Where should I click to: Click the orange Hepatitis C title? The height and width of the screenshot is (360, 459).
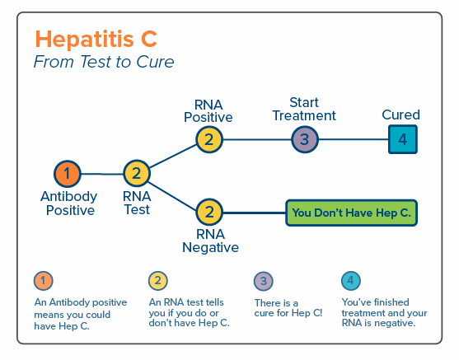pyautogui.click(x=96, y=39)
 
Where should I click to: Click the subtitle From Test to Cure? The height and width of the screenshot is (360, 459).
pyautogui.click(x=104, y=62)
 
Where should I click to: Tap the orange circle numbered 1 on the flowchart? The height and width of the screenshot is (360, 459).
pyautogui.click(x=68, y=174)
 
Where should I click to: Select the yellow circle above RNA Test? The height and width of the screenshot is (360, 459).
pyautogui.click(x=137, y=174)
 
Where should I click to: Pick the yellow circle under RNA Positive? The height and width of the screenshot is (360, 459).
pyautogui.click(x=209, y=139)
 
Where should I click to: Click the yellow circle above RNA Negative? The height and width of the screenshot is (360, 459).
pyautogui.click(x=209, y=213)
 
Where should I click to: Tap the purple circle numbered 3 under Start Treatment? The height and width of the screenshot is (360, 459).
pyautogui.click(x=305, y=139)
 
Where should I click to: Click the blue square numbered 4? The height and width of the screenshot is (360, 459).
pyautogui.click(x=403, y=139)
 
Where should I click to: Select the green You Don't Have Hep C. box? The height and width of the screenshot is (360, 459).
pyautogui.click(x=351, y=213)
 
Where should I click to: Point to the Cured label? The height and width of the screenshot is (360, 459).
pyautogui.click(x=400, y=115)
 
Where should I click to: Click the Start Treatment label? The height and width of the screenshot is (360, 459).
pyautogui.click(x=304, y=110)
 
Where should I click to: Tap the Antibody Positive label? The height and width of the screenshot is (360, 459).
pyautogui.click(x=69, y=203)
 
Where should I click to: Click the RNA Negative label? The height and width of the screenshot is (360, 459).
pyautogui.click(x=210, y=241)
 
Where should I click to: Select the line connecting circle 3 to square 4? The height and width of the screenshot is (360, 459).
pyautogui.click(x=354, y=139)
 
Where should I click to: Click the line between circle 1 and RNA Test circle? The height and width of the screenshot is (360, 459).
pyautogui.click(x=102, y=174)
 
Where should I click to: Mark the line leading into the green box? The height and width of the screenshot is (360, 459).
pyautogui.click(x=254, y=213)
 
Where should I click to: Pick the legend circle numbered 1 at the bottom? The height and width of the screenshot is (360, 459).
pyautogui.click(x=44, y=281)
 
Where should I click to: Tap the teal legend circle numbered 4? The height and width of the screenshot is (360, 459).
pyautogui.click(x=351, y=281)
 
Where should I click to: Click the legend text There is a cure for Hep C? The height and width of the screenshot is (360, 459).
pyautogui.click(x=288, y=308)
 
